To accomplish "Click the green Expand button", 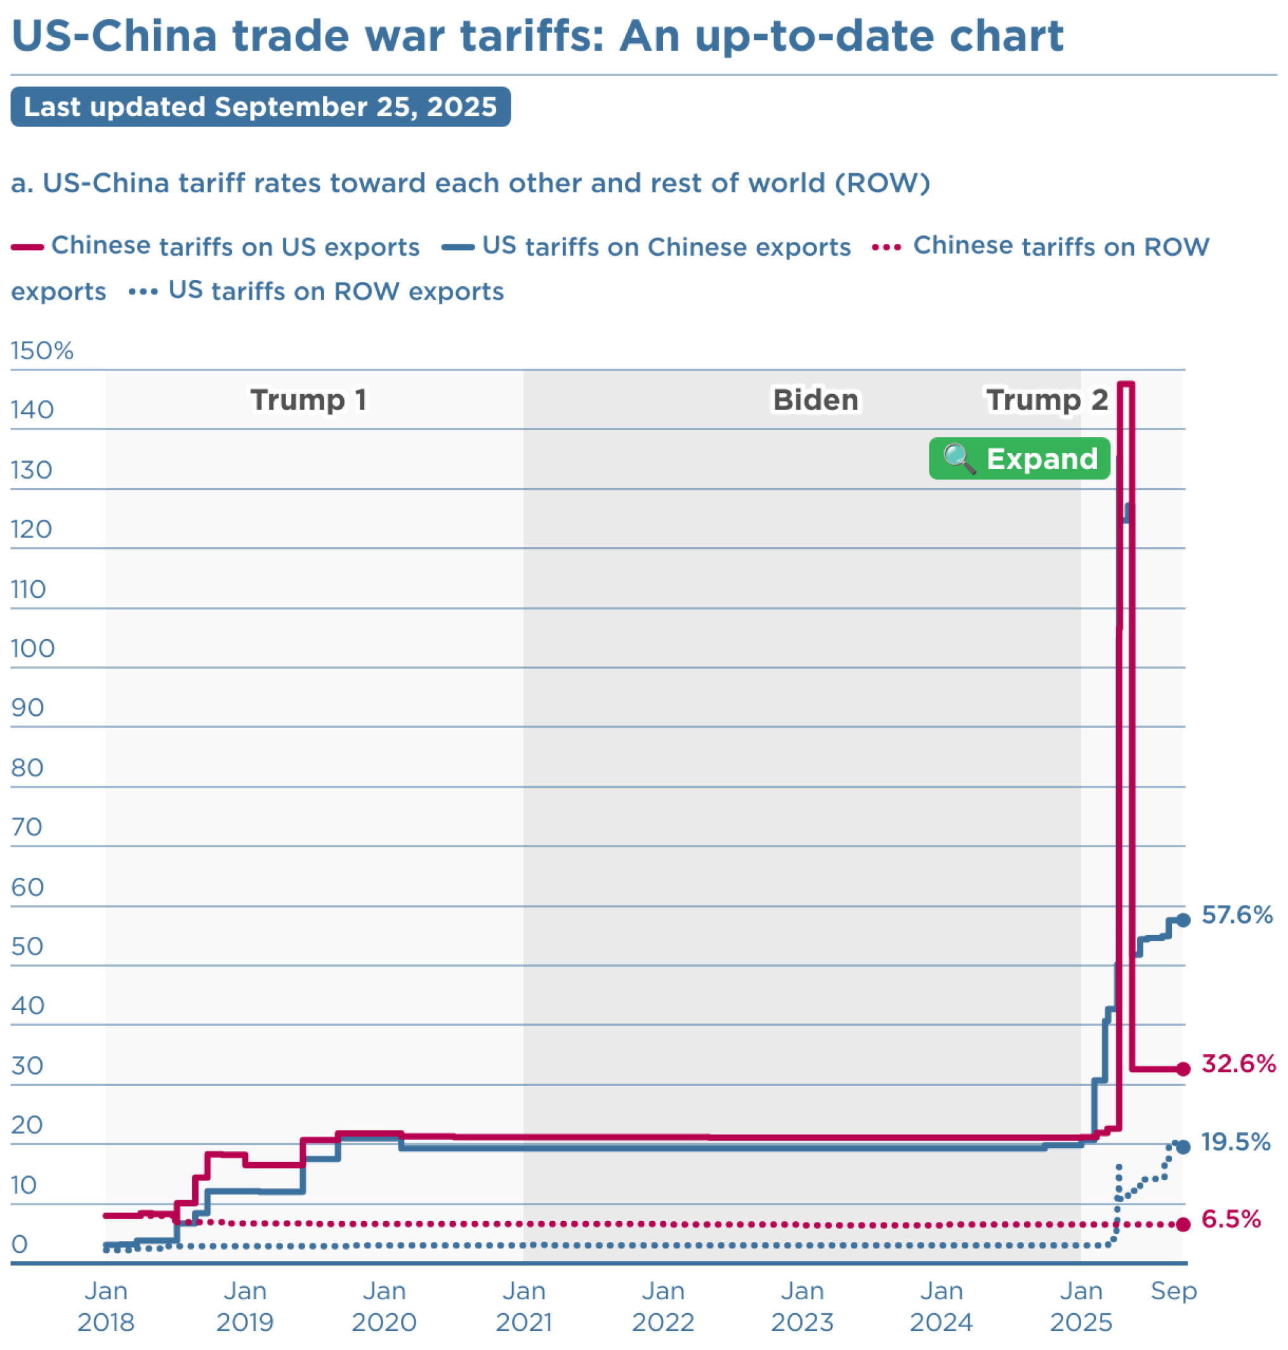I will click(1019, 458).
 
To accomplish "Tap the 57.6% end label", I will click(1237, 915).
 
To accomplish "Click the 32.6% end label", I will click(1238, 1064).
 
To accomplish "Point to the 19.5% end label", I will click(1235, 1142).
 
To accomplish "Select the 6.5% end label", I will click(1230, 1219).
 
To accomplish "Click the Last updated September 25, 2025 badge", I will click(260, 107).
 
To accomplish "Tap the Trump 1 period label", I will click(308, 400).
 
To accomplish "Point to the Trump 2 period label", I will click(1046, 400).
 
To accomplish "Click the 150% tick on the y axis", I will click(42, 351).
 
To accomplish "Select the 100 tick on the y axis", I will click(32, 648).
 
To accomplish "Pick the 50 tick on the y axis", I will click(27, 946).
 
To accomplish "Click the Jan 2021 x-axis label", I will click(524, 1306).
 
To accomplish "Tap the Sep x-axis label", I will click(1173, 1291).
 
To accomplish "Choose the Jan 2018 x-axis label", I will click(106, 1306).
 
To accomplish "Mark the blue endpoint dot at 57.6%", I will click(1183, 920).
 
